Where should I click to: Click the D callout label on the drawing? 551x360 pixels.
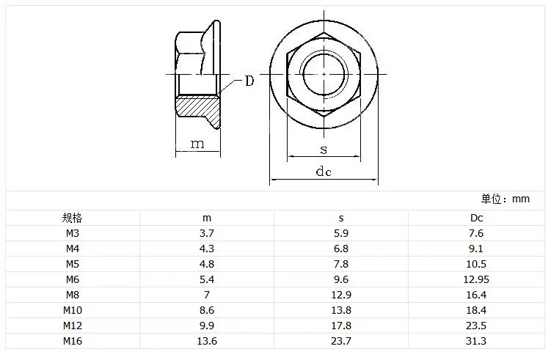pyautogui.click(x=249, y=81)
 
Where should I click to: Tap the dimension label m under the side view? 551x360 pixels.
pyautogui.click(x=197, y=144)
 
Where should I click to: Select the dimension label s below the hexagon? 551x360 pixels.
pyautogui.click(x=324, y=150)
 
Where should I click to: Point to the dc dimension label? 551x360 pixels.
pyautogui.click(x=324, y=172)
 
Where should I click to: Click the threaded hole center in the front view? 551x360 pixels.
pyautogui.click(x=324, y=74)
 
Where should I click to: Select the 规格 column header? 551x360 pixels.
pyautogui.click(x=72, y=218)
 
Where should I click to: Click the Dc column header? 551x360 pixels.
pyautogui.click(x=476, y=218)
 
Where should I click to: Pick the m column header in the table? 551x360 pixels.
pyautogui.click(x=207, y=218)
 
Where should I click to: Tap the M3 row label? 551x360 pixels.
pyautogui.click(x=73, y=233)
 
